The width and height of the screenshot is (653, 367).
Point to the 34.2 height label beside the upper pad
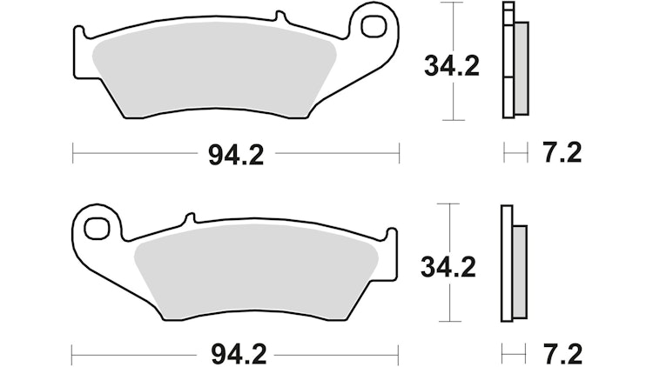[451, 66]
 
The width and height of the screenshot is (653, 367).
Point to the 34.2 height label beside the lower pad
[448, 268]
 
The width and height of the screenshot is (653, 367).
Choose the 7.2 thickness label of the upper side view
[562, 154]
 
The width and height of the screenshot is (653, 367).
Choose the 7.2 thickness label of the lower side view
[562, 356]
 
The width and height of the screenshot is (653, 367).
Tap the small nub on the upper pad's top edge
[279, 17]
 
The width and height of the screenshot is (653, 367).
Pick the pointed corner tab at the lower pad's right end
[391, 235]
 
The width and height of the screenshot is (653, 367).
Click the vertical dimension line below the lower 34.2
[449, 304]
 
